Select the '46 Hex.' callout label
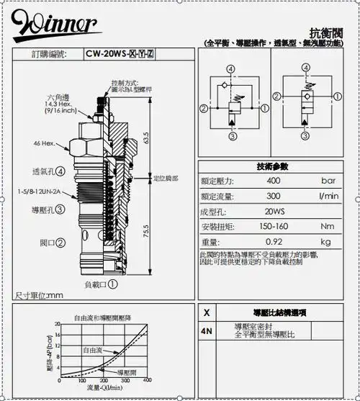(44, 143)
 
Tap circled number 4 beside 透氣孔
(60, 172)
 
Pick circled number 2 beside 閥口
(62, 244)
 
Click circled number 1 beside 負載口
(113, 284)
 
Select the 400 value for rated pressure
(274, 181)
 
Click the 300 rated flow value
(274, 196)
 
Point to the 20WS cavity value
(274, 212)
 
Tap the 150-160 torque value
(274, 226)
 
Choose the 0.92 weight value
(274, 241)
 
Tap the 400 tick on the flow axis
(148, 380)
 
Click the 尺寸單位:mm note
(40, 295)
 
